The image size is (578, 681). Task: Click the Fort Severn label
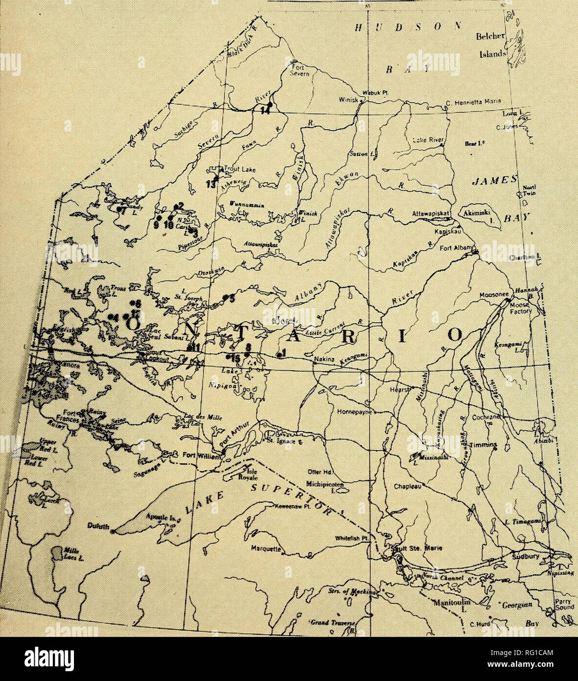298,71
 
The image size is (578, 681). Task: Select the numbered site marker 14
265,110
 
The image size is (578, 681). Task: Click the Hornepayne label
355,413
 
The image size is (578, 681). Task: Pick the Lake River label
427,140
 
